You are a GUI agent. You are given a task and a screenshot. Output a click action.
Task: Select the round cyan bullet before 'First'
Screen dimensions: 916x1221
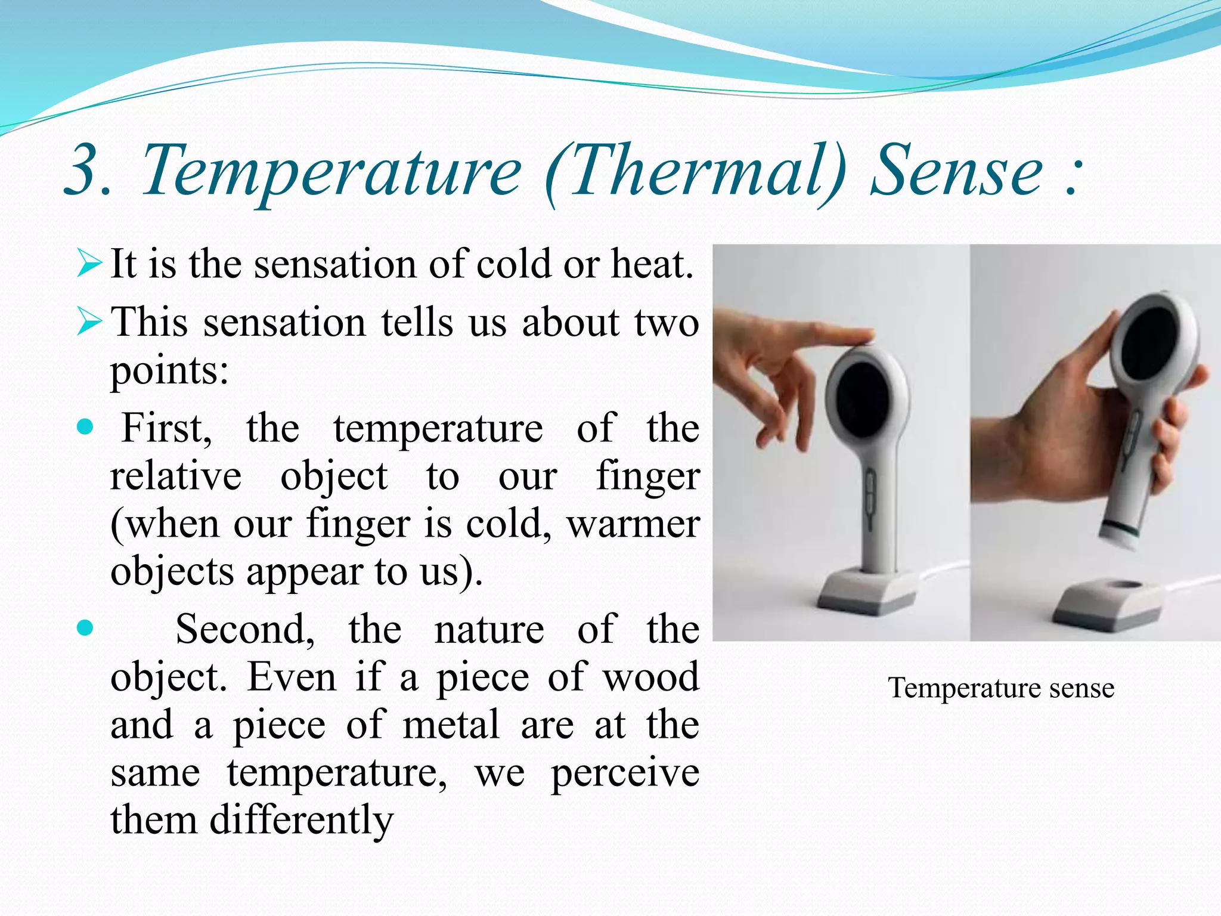[x=86, y=427]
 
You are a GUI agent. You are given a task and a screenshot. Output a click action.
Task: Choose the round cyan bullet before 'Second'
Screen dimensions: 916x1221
[x=86, y=628]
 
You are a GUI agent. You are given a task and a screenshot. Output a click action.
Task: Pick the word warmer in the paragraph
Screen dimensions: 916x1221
[x=633, y=524]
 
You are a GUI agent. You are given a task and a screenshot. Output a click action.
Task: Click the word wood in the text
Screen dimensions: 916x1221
[x=650, y=677]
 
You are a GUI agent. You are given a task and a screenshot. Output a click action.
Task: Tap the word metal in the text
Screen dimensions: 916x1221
[x=451, y=725]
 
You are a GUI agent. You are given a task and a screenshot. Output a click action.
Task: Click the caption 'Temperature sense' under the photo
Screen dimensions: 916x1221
[x=1000, y=688]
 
